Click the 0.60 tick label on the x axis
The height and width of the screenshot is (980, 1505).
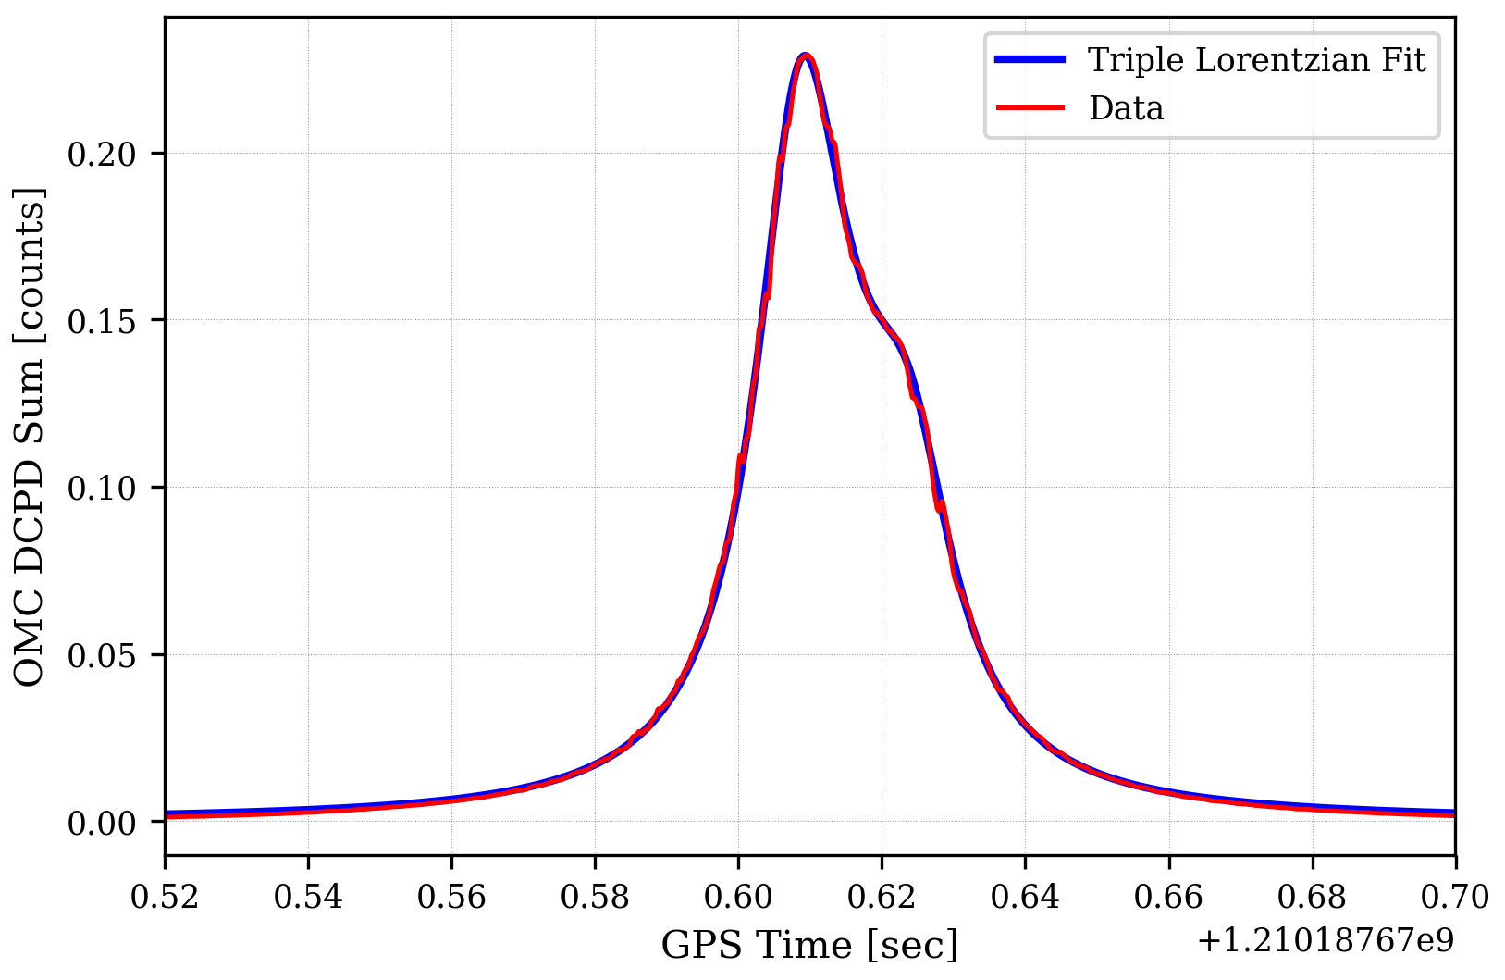pyautogui.click(x=738, y=897)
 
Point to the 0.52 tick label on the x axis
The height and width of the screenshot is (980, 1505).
pyautogui.click(x=165, y=897)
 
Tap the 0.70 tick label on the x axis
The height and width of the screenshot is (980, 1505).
pyautogui.click(x=1455, y=897)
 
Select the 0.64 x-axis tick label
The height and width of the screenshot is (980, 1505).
pyautogui.click(x=1025, y=897)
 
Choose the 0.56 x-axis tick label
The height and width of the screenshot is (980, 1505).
pyautogui.click(x=451, y=897)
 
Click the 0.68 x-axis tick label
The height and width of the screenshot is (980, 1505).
pyautogui.click(x=1312, y=897)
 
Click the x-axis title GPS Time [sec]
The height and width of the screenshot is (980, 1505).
pyautogui.click(x=809, y=945)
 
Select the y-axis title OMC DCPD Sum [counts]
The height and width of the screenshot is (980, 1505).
pyautogui.click(x=31, y=436)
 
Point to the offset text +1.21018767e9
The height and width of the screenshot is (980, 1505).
pyautogui.click(x=1326, y=941)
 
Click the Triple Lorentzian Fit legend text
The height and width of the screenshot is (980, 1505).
pyautogui.click(x=1256, y=60)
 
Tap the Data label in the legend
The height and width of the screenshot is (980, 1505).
pyautogui.click(x=1126, y=108)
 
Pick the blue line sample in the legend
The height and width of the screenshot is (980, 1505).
pyautogui.click(x=1030, y=60)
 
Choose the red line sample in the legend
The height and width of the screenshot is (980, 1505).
pyautogui.click(x=1030, y=108)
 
